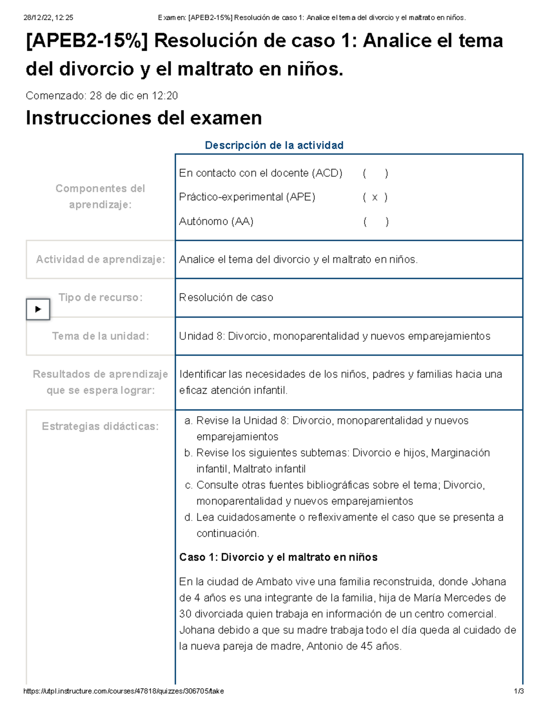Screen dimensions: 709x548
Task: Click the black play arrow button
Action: point(38,309)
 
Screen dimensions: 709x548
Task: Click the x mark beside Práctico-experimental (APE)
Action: point(375,197)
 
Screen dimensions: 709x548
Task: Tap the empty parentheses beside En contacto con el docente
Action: point(375,173)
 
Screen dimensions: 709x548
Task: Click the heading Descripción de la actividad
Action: point(274,145)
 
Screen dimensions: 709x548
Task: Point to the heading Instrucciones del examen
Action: point(144,118)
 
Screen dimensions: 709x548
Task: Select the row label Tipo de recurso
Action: point(100,298)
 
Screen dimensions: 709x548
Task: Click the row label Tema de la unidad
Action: point(100,336)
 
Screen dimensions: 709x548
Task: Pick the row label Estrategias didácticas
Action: point(100,426)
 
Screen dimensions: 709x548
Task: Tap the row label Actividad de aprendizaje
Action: point(100,259)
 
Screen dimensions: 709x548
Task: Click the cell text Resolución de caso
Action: point(226,298)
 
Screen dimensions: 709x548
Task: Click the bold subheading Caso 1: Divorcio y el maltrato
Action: point(278,557)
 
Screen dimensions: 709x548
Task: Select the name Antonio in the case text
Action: point(325,646)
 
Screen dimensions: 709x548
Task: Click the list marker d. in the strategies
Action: point(189,517)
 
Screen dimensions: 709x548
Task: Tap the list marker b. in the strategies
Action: point(189,453)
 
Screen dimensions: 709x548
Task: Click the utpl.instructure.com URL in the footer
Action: point(123,691)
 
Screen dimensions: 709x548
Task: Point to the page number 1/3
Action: point(519,691)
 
